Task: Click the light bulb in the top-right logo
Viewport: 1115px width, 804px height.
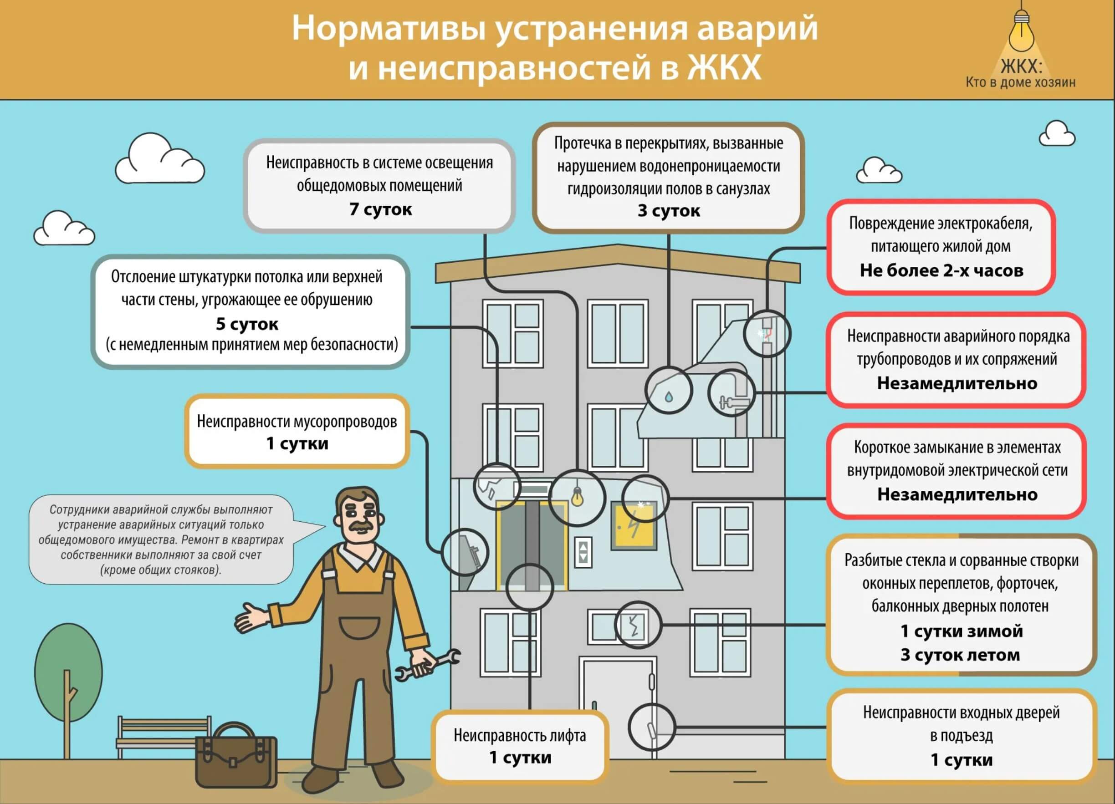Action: click(x=1022, y=33)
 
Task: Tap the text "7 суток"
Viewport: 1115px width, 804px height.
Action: click(x=380, y=209)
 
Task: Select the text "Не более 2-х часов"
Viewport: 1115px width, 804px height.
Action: click(x=941, y=270)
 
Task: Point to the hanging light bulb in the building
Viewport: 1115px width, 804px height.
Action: click(x=577, y=496)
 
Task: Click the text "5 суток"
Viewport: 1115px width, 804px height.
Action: click(x=247, y=324)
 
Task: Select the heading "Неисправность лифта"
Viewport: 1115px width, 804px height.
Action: click(x=520, y=735)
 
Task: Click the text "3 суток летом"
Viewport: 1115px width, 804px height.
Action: click(x=960, y=655)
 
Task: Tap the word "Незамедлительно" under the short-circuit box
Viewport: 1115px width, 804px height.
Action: click(x=957, y=494)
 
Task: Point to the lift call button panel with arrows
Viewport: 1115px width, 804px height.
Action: click(x=583, y=552)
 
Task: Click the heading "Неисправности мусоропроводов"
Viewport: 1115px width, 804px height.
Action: click(x=297, y=421)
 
